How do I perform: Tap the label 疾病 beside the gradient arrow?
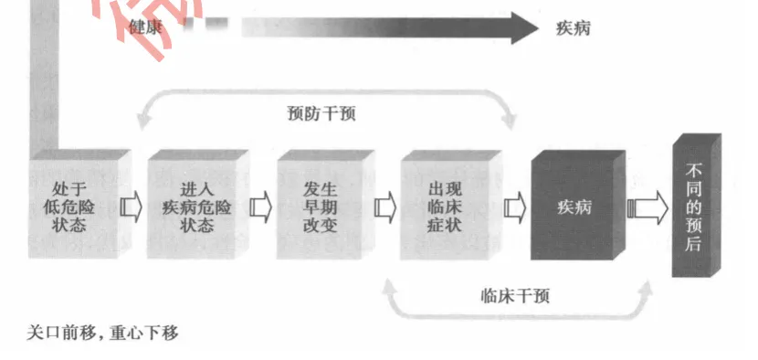click(573, 26)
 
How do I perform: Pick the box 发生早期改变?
click(320, 206)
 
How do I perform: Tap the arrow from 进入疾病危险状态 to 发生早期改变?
click(259, 207)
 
